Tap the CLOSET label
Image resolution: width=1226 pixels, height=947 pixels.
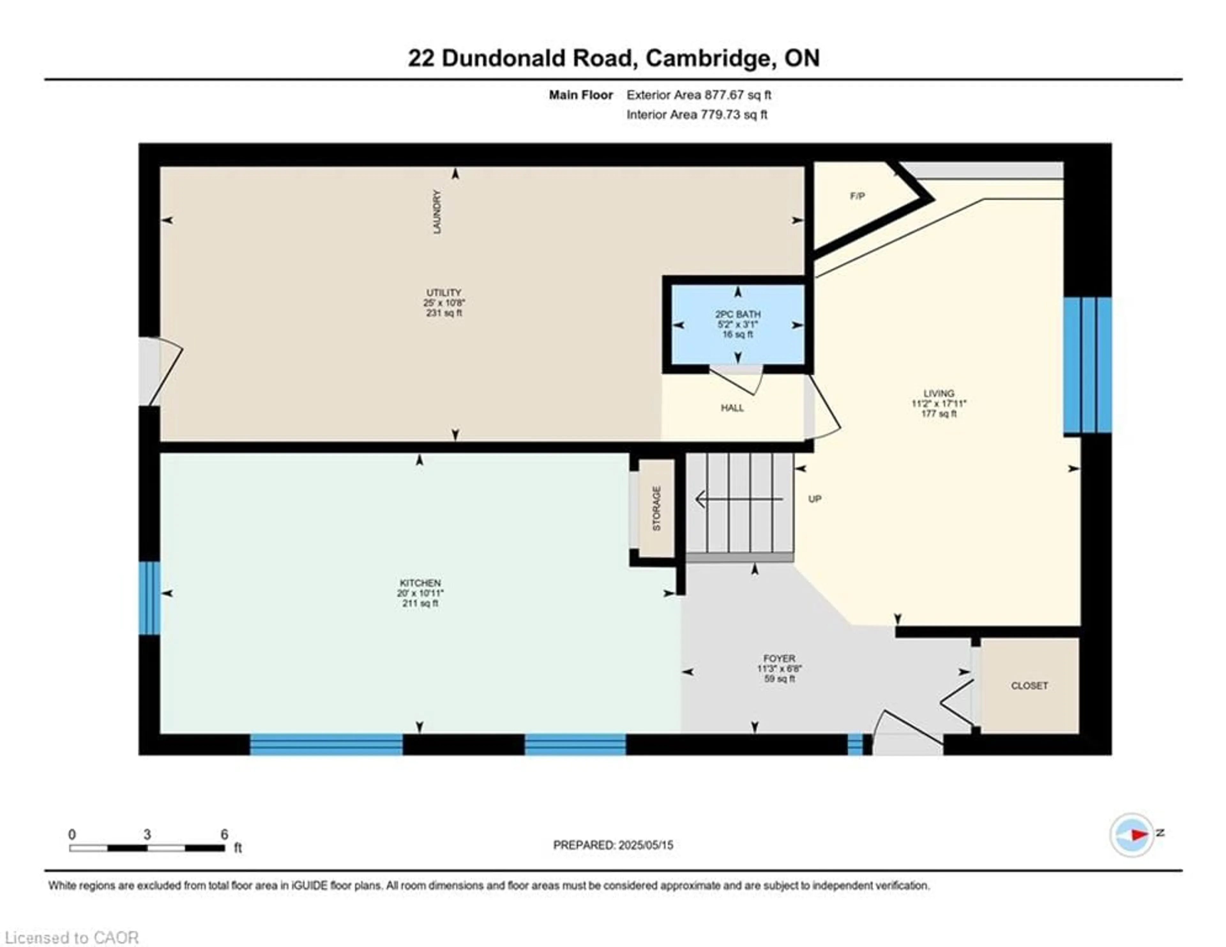point(1029,686)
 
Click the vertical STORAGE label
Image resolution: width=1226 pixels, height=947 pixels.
point(656,508)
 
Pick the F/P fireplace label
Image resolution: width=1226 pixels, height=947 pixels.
point(857,196)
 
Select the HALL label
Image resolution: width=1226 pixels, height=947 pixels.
point(732,408)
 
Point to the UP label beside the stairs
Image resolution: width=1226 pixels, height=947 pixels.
point(814,499)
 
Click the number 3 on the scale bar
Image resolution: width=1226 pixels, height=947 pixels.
point(147,835)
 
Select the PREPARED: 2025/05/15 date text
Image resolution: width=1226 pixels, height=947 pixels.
point(613,845)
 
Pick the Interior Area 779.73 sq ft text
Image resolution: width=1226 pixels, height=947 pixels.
point(697,115)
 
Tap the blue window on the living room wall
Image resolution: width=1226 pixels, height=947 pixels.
point(1087,365)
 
